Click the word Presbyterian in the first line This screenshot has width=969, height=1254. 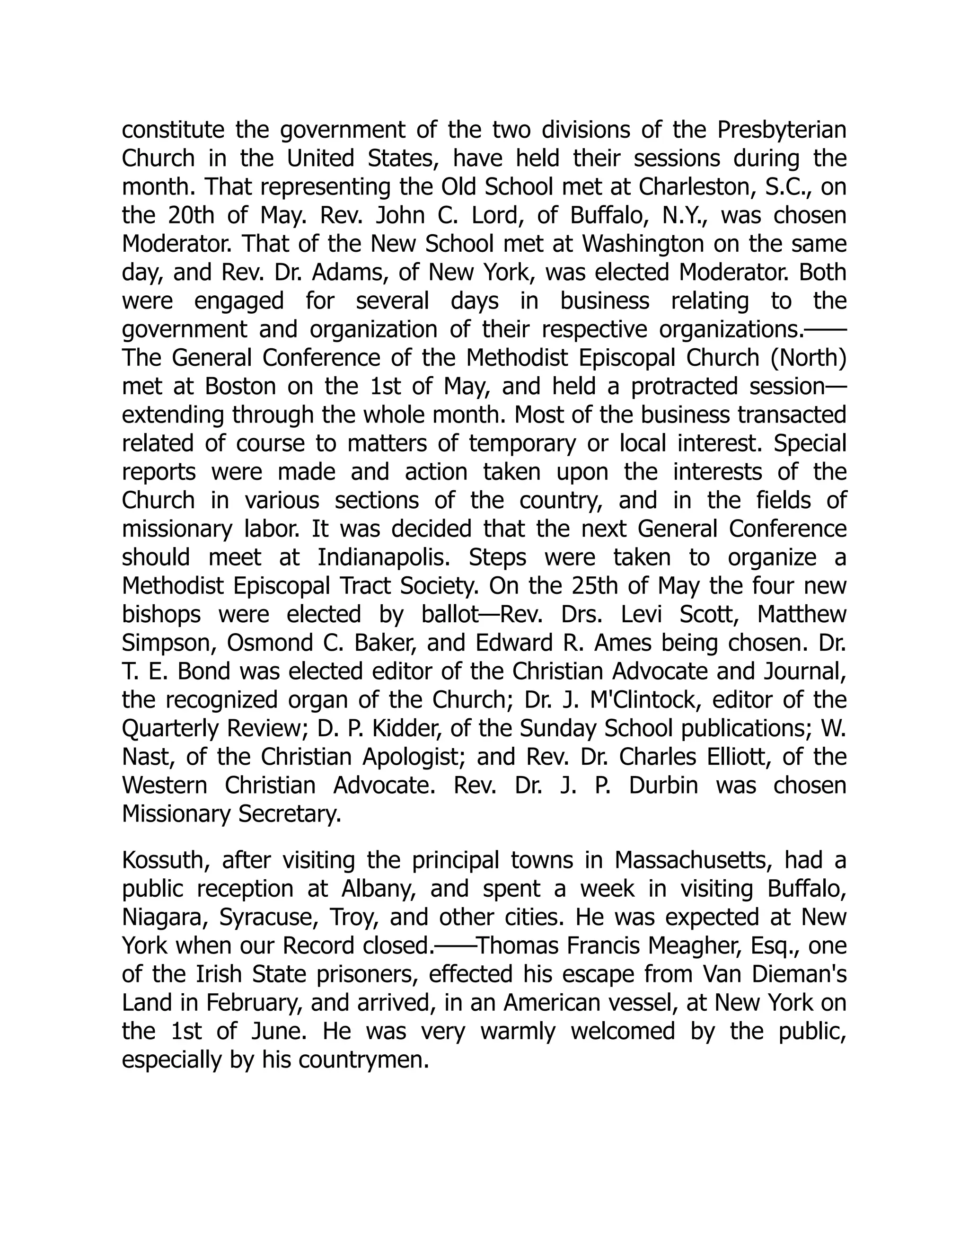coord(781,130)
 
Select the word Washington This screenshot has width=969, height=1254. coord(643,244)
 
